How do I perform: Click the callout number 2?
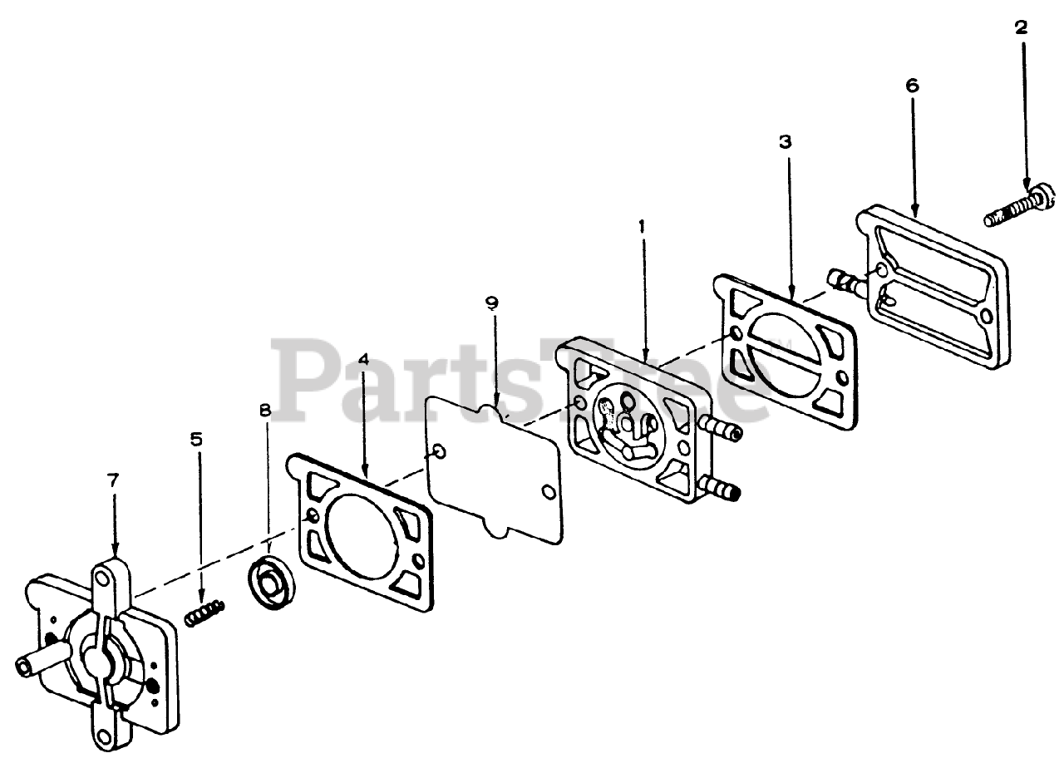click(x=1021, y=27)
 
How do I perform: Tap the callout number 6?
click(x=912, y=85)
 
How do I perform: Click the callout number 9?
click(x=492, y=303)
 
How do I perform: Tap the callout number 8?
click(x=265, y=410)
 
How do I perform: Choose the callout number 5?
click(x=196, y=440)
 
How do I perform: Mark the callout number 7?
click(x=113, y=480)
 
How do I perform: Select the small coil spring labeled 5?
click(x=204, y=615)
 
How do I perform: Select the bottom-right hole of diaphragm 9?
click(x=548, y=492)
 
